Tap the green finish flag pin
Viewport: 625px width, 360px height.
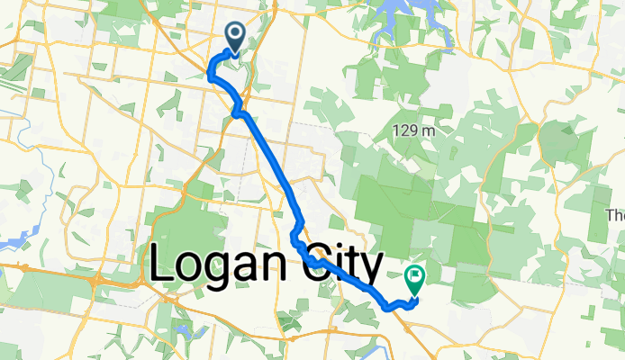415,280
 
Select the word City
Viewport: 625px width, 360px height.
346,265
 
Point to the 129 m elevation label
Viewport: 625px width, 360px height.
414,131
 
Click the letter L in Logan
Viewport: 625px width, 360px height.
161,264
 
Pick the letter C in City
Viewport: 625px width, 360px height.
321,264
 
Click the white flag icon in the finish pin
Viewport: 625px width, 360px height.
415,275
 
